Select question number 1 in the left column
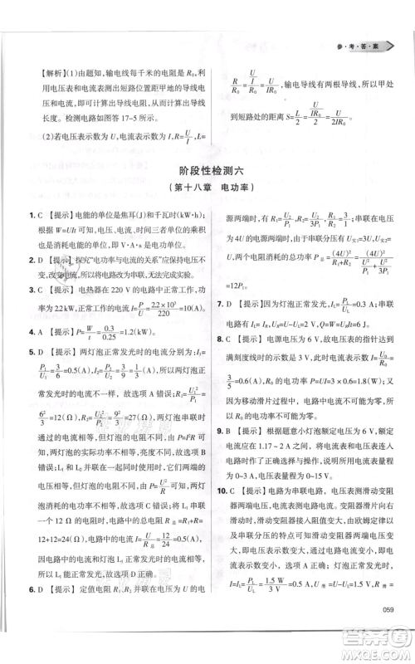point(29,215)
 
